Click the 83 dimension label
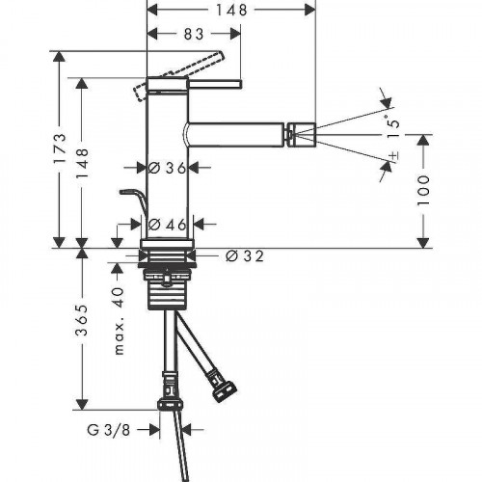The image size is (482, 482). [194, 34]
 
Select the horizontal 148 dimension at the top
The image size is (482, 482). [231, 10]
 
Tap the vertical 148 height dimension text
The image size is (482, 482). [82, 163]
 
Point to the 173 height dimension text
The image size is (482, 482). [60, 148]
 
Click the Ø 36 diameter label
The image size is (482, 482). [168, 168]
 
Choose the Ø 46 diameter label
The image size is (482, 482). [168, 225]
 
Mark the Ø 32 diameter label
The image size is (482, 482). [245, 256]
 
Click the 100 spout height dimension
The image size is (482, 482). [423, 190]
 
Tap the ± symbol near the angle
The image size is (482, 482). [394, 156]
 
